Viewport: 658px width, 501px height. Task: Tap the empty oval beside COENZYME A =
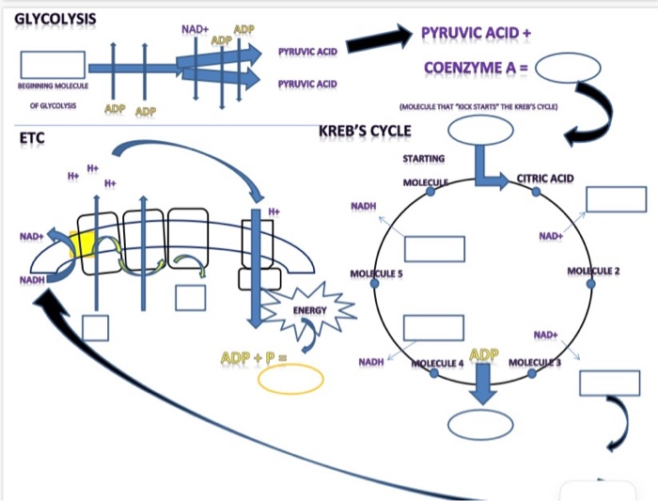pyautogui.click(x=569, y=68)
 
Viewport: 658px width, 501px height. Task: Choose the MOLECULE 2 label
pyautogui.click(x=594, y=271)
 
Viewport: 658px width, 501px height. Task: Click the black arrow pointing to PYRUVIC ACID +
pyautogui.click(x=379, y=39)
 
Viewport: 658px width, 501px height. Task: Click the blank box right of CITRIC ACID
pyautogui.click(x=616, y=199)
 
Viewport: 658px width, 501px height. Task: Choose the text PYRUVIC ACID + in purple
pyautogui.click(x=476, y=35)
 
